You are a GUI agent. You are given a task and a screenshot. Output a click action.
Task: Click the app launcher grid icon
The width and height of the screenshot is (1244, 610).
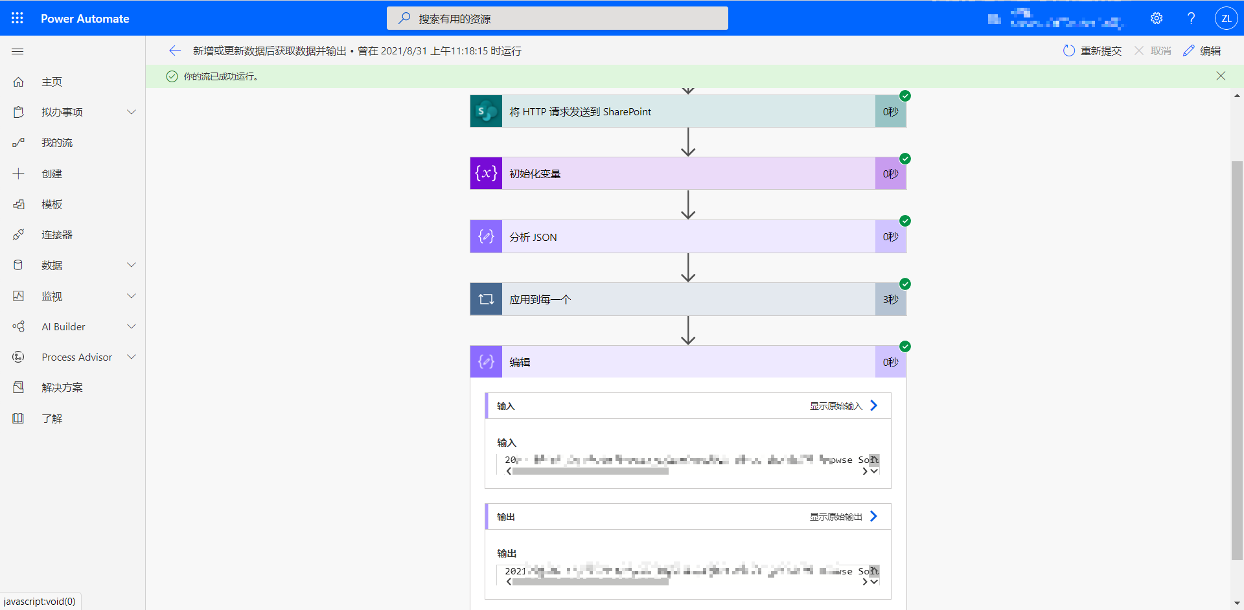point(17,18)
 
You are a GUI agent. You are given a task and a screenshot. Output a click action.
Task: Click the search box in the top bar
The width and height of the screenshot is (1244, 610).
point(557,18)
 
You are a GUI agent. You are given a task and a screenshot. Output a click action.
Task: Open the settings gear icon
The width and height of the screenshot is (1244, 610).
point(1157,18)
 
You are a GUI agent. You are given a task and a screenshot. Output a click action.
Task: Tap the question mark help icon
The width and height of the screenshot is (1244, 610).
point(1191,18)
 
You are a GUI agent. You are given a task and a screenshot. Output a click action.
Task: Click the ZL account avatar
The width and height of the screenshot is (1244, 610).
point(1226,18)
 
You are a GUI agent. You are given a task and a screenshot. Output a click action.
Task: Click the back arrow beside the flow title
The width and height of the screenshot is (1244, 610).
point(174,51)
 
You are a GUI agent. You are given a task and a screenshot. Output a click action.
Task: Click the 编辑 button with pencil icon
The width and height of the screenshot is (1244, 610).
point(1202,51)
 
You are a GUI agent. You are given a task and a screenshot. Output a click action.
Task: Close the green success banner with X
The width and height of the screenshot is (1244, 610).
point(1221,76)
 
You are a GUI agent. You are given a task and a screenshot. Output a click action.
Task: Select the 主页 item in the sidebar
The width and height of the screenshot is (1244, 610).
point(52,82)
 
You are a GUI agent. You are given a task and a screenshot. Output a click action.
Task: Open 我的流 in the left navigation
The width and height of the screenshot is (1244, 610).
point(57,142)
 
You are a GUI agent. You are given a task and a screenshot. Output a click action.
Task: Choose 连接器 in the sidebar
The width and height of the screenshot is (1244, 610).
point(57,234)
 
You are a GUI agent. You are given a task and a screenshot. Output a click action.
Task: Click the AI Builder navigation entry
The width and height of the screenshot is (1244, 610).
point(63,326)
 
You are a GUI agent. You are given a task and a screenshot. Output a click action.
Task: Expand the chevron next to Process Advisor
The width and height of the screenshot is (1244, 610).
point(132,357)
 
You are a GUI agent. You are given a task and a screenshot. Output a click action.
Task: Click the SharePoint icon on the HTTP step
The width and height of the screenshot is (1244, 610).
point(486,111)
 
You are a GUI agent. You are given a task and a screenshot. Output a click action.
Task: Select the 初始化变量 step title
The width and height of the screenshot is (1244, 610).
point(535,174)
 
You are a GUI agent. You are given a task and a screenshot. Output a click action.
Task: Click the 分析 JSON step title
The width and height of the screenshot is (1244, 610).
point(533,237)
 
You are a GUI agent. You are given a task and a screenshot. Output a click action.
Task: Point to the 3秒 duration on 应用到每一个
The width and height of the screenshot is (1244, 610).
point(890,299)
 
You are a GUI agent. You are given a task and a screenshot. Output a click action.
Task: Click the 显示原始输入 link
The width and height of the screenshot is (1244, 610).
point(836,406)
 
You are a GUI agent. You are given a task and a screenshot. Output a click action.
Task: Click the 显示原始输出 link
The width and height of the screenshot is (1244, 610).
point(836,517)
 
